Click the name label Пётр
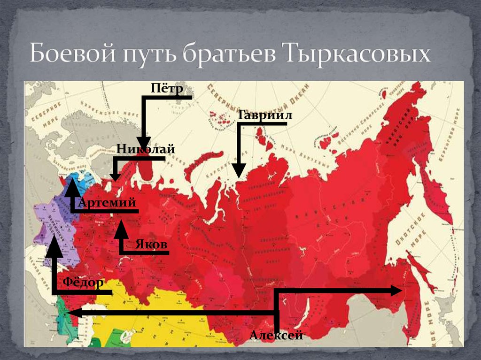coord(166,88)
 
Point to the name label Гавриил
coord(265,115)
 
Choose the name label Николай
coord(146,149)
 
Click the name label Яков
coord(151,245)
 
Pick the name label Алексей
coord(276,335)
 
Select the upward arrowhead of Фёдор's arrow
coord(54,247)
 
